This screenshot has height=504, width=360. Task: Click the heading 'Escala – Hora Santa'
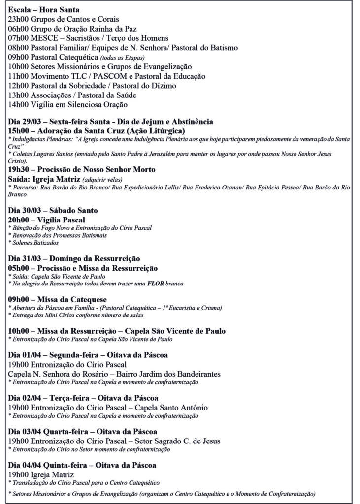point(44,10)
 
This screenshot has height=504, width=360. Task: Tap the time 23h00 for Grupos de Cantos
point(18,19)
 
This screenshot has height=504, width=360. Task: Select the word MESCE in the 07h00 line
point(44,38)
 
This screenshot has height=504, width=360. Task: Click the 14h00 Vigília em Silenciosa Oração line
point(68,104)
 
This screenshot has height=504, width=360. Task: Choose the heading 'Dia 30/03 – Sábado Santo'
point(53,211)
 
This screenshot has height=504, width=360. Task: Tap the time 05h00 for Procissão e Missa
point(19,268)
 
